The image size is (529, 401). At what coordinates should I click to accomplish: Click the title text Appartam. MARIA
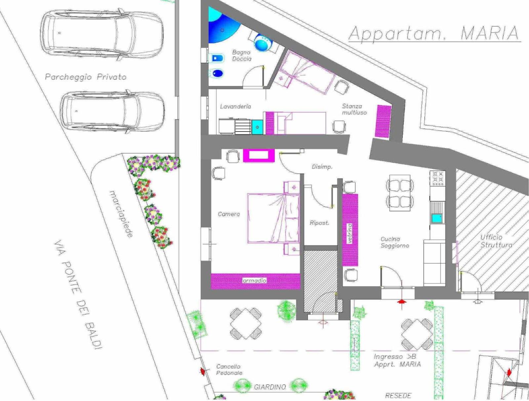click(x=434, y=34)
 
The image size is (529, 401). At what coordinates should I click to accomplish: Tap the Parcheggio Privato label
click(x=86, y=77)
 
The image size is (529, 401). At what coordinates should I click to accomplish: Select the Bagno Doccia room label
click(x=242, y=56)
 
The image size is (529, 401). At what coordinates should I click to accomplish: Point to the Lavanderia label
click(x=235, y=106)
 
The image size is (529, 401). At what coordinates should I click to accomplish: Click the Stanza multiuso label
click(x=354, y=109)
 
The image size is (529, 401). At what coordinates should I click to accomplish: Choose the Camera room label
click(x=229, y=214)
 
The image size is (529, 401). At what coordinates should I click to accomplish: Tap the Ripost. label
click(x=319, y=223)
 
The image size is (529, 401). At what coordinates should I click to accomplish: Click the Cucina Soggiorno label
click(x=395, y=242)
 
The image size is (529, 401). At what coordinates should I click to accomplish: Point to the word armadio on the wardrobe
click(x=255, y=281)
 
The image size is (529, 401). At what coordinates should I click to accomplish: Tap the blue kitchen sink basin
click(x=437, y=219)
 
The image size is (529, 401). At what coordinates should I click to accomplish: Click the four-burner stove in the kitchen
click(x=438, y=178)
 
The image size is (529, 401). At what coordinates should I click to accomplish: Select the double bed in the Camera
click(x=273, y=218)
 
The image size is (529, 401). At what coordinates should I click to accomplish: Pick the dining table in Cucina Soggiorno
click(x=400, y=193)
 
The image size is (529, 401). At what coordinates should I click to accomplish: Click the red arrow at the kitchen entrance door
click(x=401, y=302)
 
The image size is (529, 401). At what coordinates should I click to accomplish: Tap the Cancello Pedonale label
click(x=229, y=370)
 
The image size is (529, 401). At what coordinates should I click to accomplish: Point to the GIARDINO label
click(x=270, y=387)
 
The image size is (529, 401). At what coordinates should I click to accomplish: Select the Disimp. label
click(x=322, y=167)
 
